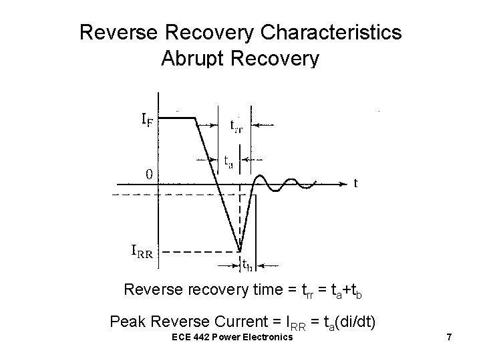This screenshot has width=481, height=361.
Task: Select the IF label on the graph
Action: pos(150,120)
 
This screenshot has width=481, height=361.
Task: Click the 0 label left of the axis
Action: pos(149,174)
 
